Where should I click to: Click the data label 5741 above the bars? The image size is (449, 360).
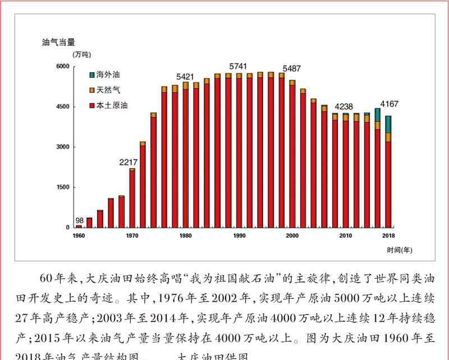[x=238, y=66]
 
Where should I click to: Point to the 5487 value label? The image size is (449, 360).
[x=291, y=68]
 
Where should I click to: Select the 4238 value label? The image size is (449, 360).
[x=344, y=107]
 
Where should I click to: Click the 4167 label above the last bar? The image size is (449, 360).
[x=390, y=104]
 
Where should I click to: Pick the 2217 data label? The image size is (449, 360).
[x=129, y=163]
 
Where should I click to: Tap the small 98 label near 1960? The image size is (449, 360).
[x=79, y=220]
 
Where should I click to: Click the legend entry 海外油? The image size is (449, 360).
[x=108, y=74]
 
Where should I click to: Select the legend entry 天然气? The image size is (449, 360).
[x=108, y=89]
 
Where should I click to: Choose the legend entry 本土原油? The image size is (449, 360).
[x=111, y=105]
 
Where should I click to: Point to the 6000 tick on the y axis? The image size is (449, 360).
[x=62, y=67]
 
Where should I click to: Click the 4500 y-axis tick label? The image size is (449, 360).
[x=62, y=107]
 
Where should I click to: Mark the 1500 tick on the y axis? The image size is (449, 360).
[x=62, y=187]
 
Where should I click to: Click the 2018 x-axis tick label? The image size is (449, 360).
[x=388, y=236]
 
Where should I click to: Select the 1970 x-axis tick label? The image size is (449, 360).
[x=132, y=236]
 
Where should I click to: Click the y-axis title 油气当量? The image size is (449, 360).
[x=59, y=41]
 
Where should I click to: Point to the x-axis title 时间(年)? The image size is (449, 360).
[x=399, y=250]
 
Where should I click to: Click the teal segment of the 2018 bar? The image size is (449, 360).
[x=388, y=124]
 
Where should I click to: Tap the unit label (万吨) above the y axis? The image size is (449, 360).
[x=81, y=54]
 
